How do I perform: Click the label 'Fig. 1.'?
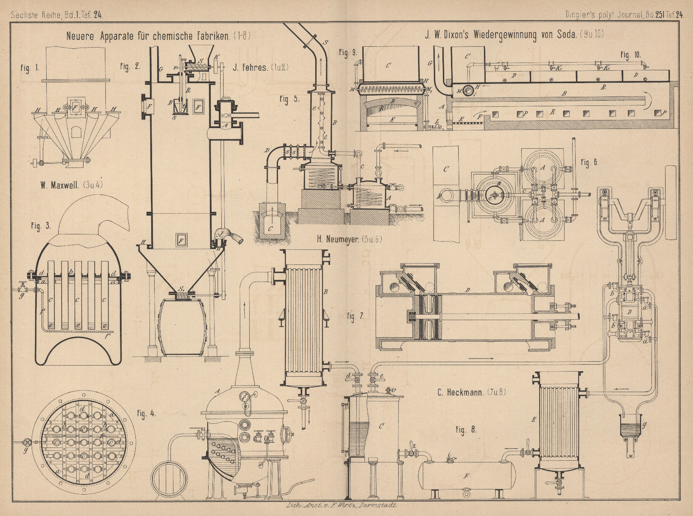30,68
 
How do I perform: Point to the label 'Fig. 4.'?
146,414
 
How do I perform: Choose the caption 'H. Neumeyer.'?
336,240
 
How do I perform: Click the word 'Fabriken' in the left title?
213,36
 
